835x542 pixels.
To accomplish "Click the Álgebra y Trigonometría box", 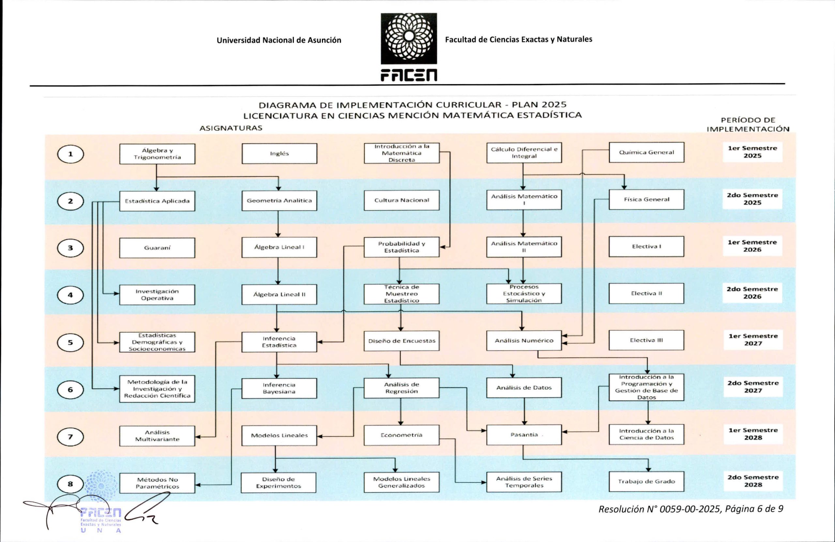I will click(x=157, y=154).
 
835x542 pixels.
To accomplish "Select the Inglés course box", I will click(x=279, y=154).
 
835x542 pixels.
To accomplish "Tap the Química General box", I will click(x=646, y=152).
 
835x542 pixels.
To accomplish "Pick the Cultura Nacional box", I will click(x=402, y=200).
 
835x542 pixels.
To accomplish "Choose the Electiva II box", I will click(x=646, y=293).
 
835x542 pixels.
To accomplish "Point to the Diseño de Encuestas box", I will click(x=402, y=341).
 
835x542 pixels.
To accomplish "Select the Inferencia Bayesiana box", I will click(x=279, y=388).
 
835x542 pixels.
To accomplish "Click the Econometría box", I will click(x=402, y=435).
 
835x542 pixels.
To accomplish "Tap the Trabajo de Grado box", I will click(x=646, y=481).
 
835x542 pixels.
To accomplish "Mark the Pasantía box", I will click(x=524, y=435).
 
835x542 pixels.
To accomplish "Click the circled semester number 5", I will click(x=70, y=342).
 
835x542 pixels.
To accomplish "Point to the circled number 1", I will click(x=70, y=154).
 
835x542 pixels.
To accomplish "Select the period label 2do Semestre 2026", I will click(x=752, y=293).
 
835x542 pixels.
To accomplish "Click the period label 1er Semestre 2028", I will click(x=753, y=434).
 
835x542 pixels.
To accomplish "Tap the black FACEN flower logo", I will click(x=409, y=38).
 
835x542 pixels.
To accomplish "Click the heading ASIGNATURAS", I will click(x=231, y=128).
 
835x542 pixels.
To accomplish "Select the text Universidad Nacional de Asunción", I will click(x=279, y=40).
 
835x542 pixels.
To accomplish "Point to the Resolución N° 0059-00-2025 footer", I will click(x=691, y=509).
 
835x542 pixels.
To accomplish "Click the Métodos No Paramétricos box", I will click(x=157, y=483).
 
